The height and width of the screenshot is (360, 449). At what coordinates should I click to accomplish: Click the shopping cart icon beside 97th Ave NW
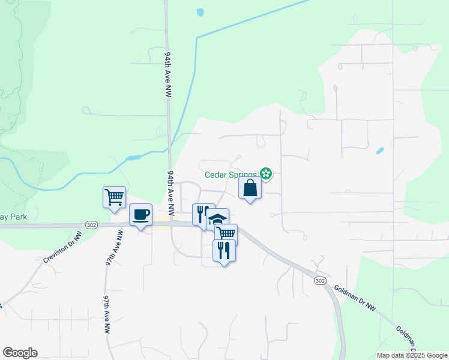click(x=114, y=197)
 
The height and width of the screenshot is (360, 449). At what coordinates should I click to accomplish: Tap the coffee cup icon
click(x=140, y=215)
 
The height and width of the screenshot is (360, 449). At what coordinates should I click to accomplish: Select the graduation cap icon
click(x=218, y=219)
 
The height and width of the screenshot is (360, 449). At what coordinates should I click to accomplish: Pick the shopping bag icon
click(x=250, y=188)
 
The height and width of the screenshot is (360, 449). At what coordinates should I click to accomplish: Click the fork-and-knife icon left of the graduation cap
click(x=202, y=214)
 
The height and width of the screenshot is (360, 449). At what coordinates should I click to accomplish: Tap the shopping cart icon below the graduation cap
click(x=226, y=234)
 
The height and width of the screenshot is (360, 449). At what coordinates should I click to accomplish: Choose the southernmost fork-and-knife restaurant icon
click(x=223, y=250)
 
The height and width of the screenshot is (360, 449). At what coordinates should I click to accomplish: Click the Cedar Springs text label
click(x=231, y=175)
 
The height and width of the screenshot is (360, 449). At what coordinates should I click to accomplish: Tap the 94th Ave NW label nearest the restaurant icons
click(x=171, y=193)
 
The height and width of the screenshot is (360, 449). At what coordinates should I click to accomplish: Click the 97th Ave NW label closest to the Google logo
click(x=107, y=314)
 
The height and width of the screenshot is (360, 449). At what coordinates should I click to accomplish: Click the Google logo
click(x=20, y=353)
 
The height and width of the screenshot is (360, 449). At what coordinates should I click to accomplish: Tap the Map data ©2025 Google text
click(x=411, y=355)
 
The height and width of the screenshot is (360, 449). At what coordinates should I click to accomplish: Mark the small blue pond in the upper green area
click(x=199, y=11)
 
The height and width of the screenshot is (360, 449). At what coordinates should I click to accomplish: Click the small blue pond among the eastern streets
click(x=379, y=151)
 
